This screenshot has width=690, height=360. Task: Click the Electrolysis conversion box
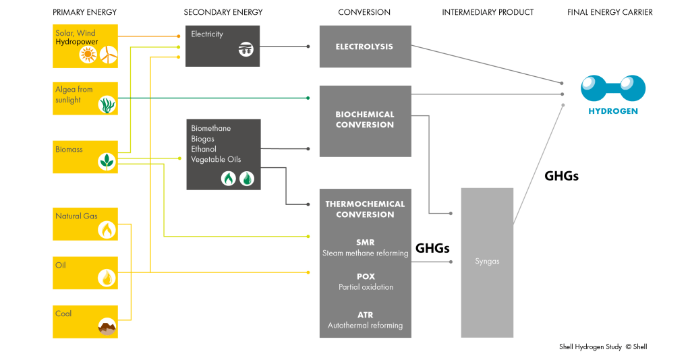pos(365,47)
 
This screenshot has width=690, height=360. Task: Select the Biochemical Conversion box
pos(365,121)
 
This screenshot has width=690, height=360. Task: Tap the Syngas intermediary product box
pos(487,262)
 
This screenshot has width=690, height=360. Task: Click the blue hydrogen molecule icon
pos(613,88)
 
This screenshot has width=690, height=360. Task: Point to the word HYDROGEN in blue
pos(613,111)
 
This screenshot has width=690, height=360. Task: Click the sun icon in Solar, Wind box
pos(88,55)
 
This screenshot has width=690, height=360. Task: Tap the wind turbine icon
pos(109,55)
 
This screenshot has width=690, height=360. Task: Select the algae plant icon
pos(107,104)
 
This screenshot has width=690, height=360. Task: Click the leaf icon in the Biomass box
pos(107,161)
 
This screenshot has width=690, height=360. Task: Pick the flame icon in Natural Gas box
pos(107,230)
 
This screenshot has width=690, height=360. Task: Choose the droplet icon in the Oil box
pos(107,277)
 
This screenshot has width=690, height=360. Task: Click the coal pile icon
pos(107,326)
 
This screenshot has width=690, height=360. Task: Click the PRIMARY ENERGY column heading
pos(84,12)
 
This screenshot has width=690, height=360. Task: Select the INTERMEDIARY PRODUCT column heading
pos(488,12)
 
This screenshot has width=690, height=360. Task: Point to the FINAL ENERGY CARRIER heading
pos(610,12)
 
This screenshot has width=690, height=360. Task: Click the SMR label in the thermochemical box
pos(365,242)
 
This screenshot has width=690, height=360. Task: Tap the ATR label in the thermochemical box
pos(365,315)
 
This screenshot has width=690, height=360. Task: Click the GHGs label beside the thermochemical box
pos(432,248)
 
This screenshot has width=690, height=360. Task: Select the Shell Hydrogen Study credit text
pos(603,347)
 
